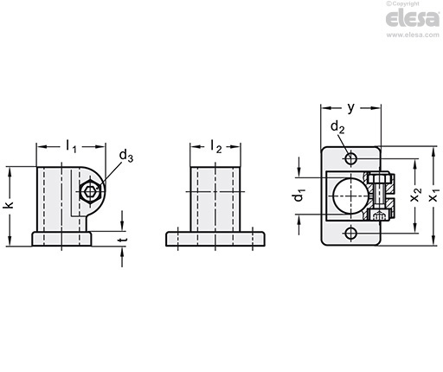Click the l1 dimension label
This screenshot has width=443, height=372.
tap(71, 146)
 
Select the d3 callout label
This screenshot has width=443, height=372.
tap(126, 156)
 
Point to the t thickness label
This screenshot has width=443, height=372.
tap(124, 240)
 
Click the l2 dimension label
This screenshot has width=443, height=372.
tap(216, 146)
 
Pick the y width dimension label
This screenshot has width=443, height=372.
tap(350, 108)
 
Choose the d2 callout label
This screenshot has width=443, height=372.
tap(337, 127)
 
